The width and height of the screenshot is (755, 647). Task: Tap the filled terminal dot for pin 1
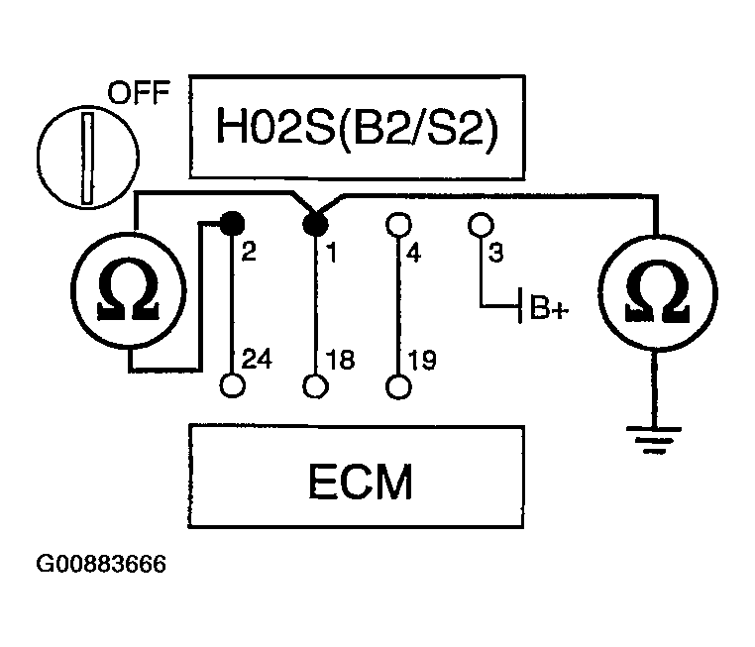click(x=315, y=224)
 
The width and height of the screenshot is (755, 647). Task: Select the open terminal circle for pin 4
click(x=398, y=223)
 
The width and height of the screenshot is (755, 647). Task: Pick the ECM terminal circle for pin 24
click(x=232, y=384)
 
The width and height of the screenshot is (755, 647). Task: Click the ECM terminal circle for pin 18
click(x=315, y=384)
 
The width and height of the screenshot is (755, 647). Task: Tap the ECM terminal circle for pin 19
click(x=398, y=384)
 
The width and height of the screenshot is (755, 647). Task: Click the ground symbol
click(x=649, y=435)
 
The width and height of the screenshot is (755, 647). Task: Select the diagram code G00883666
click(x=101, y=566)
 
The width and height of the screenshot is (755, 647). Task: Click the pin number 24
click(x=254, y=361)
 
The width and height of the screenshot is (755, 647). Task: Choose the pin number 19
click(x=420, y=361)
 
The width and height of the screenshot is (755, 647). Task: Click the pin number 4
click(x=414, y=254)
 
